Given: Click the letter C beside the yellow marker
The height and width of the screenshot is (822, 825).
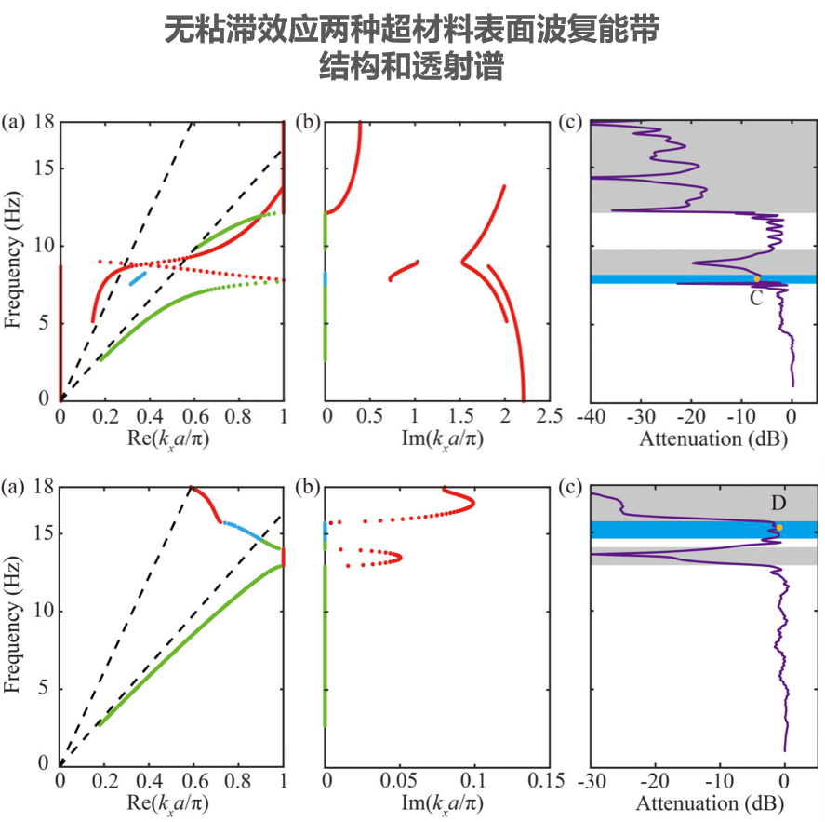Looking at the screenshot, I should tap(756, 298).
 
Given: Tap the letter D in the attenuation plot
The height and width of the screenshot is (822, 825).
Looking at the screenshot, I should tap(778, 504).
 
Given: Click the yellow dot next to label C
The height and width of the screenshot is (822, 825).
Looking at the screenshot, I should tap(757, 279).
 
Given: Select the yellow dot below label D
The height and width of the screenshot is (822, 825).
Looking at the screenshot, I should tap(779, 528).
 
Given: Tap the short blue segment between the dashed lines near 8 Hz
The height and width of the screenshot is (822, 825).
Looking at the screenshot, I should tap(139, 277).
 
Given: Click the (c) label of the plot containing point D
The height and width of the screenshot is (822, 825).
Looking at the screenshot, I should tap(567, 485).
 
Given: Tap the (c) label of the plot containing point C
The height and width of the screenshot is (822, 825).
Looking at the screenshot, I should tap(567, 121).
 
